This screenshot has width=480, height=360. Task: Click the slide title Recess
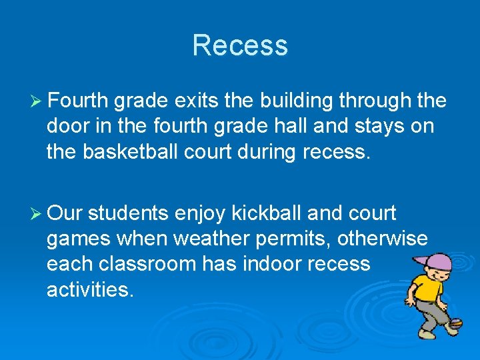(240, 45)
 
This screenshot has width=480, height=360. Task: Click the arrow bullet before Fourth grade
(37, 101)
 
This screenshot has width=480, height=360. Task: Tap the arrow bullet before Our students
(37, 213)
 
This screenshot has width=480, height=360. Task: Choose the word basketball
(137, 152)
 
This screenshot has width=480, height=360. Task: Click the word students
(128, 213)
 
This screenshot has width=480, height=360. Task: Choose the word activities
(91, 289)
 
